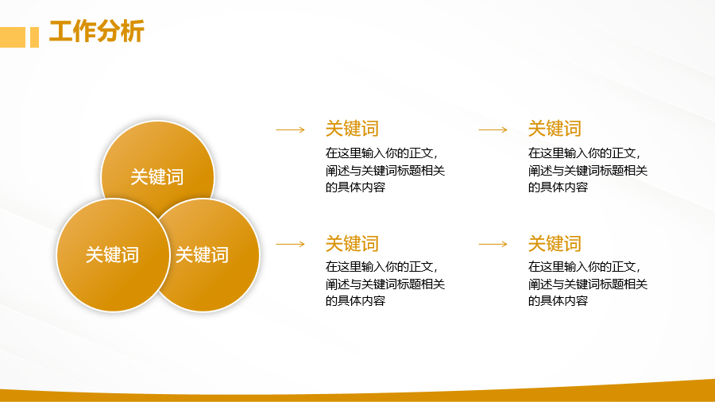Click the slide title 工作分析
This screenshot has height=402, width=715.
[97, 31]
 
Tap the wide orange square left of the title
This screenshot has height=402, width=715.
[13, 37]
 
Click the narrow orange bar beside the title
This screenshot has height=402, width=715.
[35, 37]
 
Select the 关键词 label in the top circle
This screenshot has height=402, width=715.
[157, 177]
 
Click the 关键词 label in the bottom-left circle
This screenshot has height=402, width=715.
[112, 255]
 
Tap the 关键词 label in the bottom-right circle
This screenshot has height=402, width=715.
[202, 255]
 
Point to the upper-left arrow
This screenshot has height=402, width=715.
[291, 130]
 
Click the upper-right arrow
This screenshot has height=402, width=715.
[493, 130]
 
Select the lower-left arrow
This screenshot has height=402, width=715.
[291, 245]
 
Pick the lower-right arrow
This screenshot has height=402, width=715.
[493, 245]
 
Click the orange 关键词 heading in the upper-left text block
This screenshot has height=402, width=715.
[352, 129]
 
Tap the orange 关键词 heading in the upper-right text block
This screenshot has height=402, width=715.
[555, 129]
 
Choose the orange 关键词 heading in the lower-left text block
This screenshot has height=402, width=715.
[352, 244]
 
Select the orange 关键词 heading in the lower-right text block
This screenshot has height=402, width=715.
[555, 244]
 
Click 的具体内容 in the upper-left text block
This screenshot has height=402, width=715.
[355, 187]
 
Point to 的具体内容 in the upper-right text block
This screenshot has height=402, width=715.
[558, 187]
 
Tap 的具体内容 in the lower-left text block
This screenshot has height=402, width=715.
[355, 301]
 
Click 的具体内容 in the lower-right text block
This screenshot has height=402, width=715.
[558, 301]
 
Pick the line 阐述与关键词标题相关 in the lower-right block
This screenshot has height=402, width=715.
[588, 284]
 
